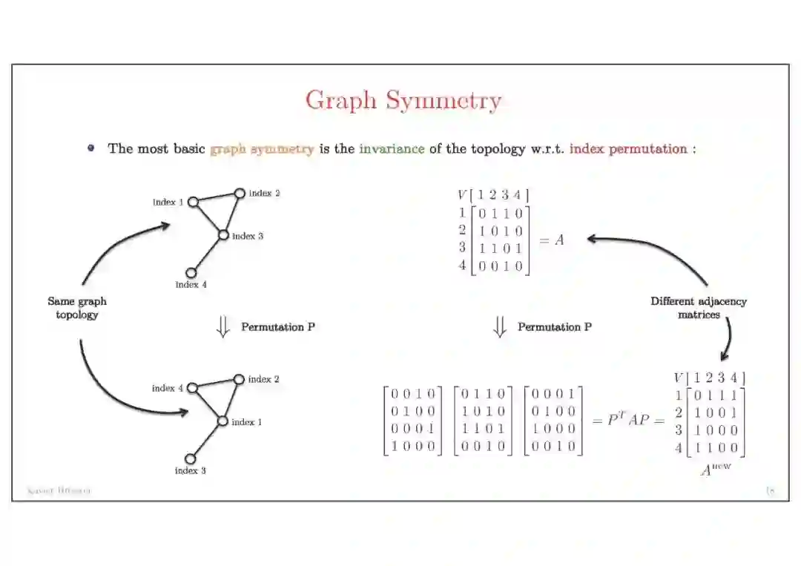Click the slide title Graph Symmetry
tap(403, 100)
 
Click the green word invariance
tap(392, 148)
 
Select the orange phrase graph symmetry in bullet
tap(262, 148)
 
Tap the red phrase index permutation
tap(628, 148)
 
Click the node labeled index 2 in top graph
tap(240, 194)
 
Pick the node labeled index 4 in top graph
tap(191, 273)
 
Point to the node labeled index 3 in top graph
tap(223, 235)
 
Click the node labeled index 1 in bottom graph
tap(222, 421)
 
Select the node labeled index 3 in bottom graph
tap(190, 458)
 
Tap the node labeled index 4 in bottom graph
tap(192, 387)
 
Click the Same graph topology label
tap(77, 308)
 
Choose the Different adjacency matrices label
tap(699, 308)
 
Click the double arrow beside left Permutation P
tap(222, 327)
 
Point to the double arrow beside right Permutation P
tap(500, 327)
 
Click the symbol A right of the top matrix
tap(558, 240)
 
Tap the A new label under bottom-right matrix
tap(715, 469)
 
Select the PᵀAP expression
tap(627, 420)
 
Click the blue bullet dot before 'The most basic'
tap(91, 148)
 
